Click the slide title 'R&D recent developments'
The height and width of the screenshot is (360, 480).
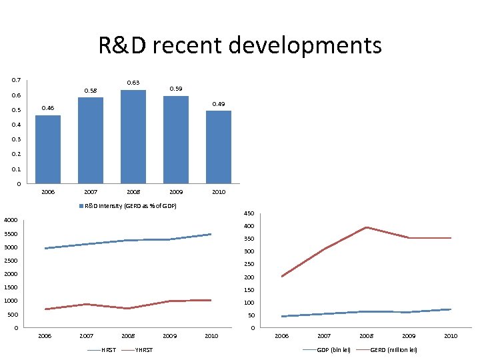(240, 46)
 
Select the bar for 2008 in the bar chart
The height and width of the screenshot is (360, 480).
(133, 137)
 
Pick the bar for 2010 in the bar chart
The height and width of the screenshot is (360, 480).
(219, 147)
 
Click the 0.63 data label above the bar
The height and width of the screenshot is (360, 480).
(133, 83)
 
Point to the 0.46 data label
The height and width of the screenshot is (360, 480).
(48, 108)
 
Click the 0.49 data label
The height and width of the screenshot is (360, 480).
(219, 104)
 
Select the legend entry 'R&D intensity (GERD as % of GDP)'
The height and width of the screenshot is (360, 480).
(128, 206)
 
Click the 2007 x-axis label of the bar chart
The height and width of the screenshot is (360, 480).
(91, 192)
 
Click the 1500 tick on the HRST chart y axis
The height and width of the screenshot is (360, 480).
(11, 287)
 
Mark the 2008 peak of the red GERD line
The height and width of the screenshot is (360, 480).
(366, 227)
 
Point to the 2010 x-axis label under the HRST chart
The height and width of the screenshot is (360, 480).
(211, 336)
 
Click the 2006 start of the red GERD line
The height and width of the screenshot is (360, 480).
(282, 276)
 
